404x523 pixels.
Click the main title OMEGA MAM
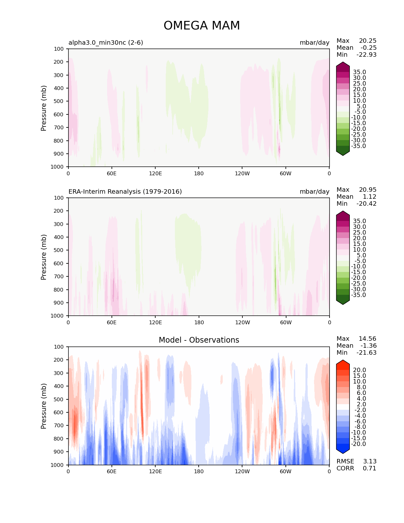click(x=202, y=26)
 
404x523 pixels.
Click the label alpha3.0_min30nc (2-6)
click(x=106, y=42)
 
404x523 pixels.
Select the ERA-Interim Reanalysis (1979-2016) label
click(x=125, y=191)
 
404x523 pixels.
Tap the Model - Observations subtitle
click(x=199, y=340)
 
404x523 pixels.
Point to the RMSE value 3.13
click(x=369, y=461)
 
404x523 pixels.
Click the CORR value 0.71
click(x=369, y=468)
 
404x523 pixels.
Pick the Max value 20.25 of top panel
click(x=368, y=41)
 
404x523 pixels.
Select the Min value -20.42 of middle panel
click(x=366, y=203)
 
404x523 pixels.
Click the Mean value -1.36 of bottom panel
click(x=368, y=345)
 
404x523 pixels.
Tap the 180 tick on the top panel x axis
click(x=199, y=173)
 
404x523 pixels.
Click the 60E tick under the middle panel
click(x=112, y=322)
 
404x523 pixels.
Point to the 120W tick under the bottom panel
click(x=242, y=471)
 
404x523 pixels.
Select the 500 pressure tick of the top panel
click(x=58, y=101)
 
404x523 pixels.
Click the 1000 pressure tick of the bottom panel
click(x=57, y=465)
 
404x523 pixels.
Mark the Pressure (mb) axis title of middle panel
click(x=44, y=257)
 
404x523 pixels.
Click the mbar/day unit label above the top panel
click(x=314, y=42)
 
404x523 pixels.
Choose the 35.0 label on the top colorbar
click(x=359, y=72)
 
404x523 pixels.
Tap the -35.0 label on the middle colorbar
click(x=358, y=295)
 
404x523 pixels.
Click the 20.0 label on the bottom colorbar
click(x=359, y=370)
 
